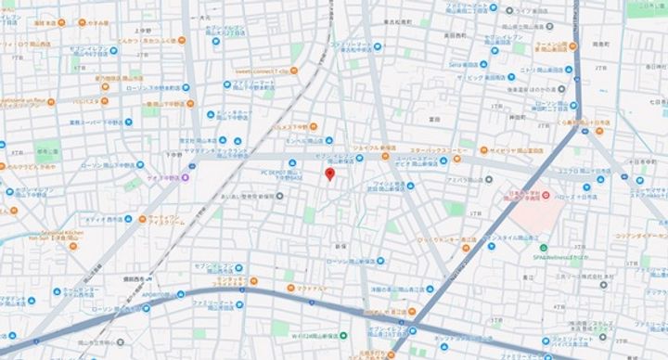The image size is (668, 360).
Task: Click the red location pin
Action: (329, 175)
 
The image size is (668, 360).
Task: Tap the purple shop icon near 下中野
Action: (185, 176)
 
